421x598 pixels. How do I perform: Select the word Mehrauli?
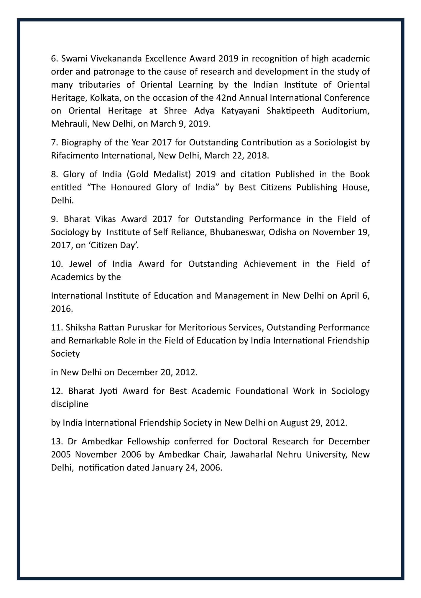70,124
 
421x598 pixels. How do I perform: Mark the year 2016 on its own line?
61,309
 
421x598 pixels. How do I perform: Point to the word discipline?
70,404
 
